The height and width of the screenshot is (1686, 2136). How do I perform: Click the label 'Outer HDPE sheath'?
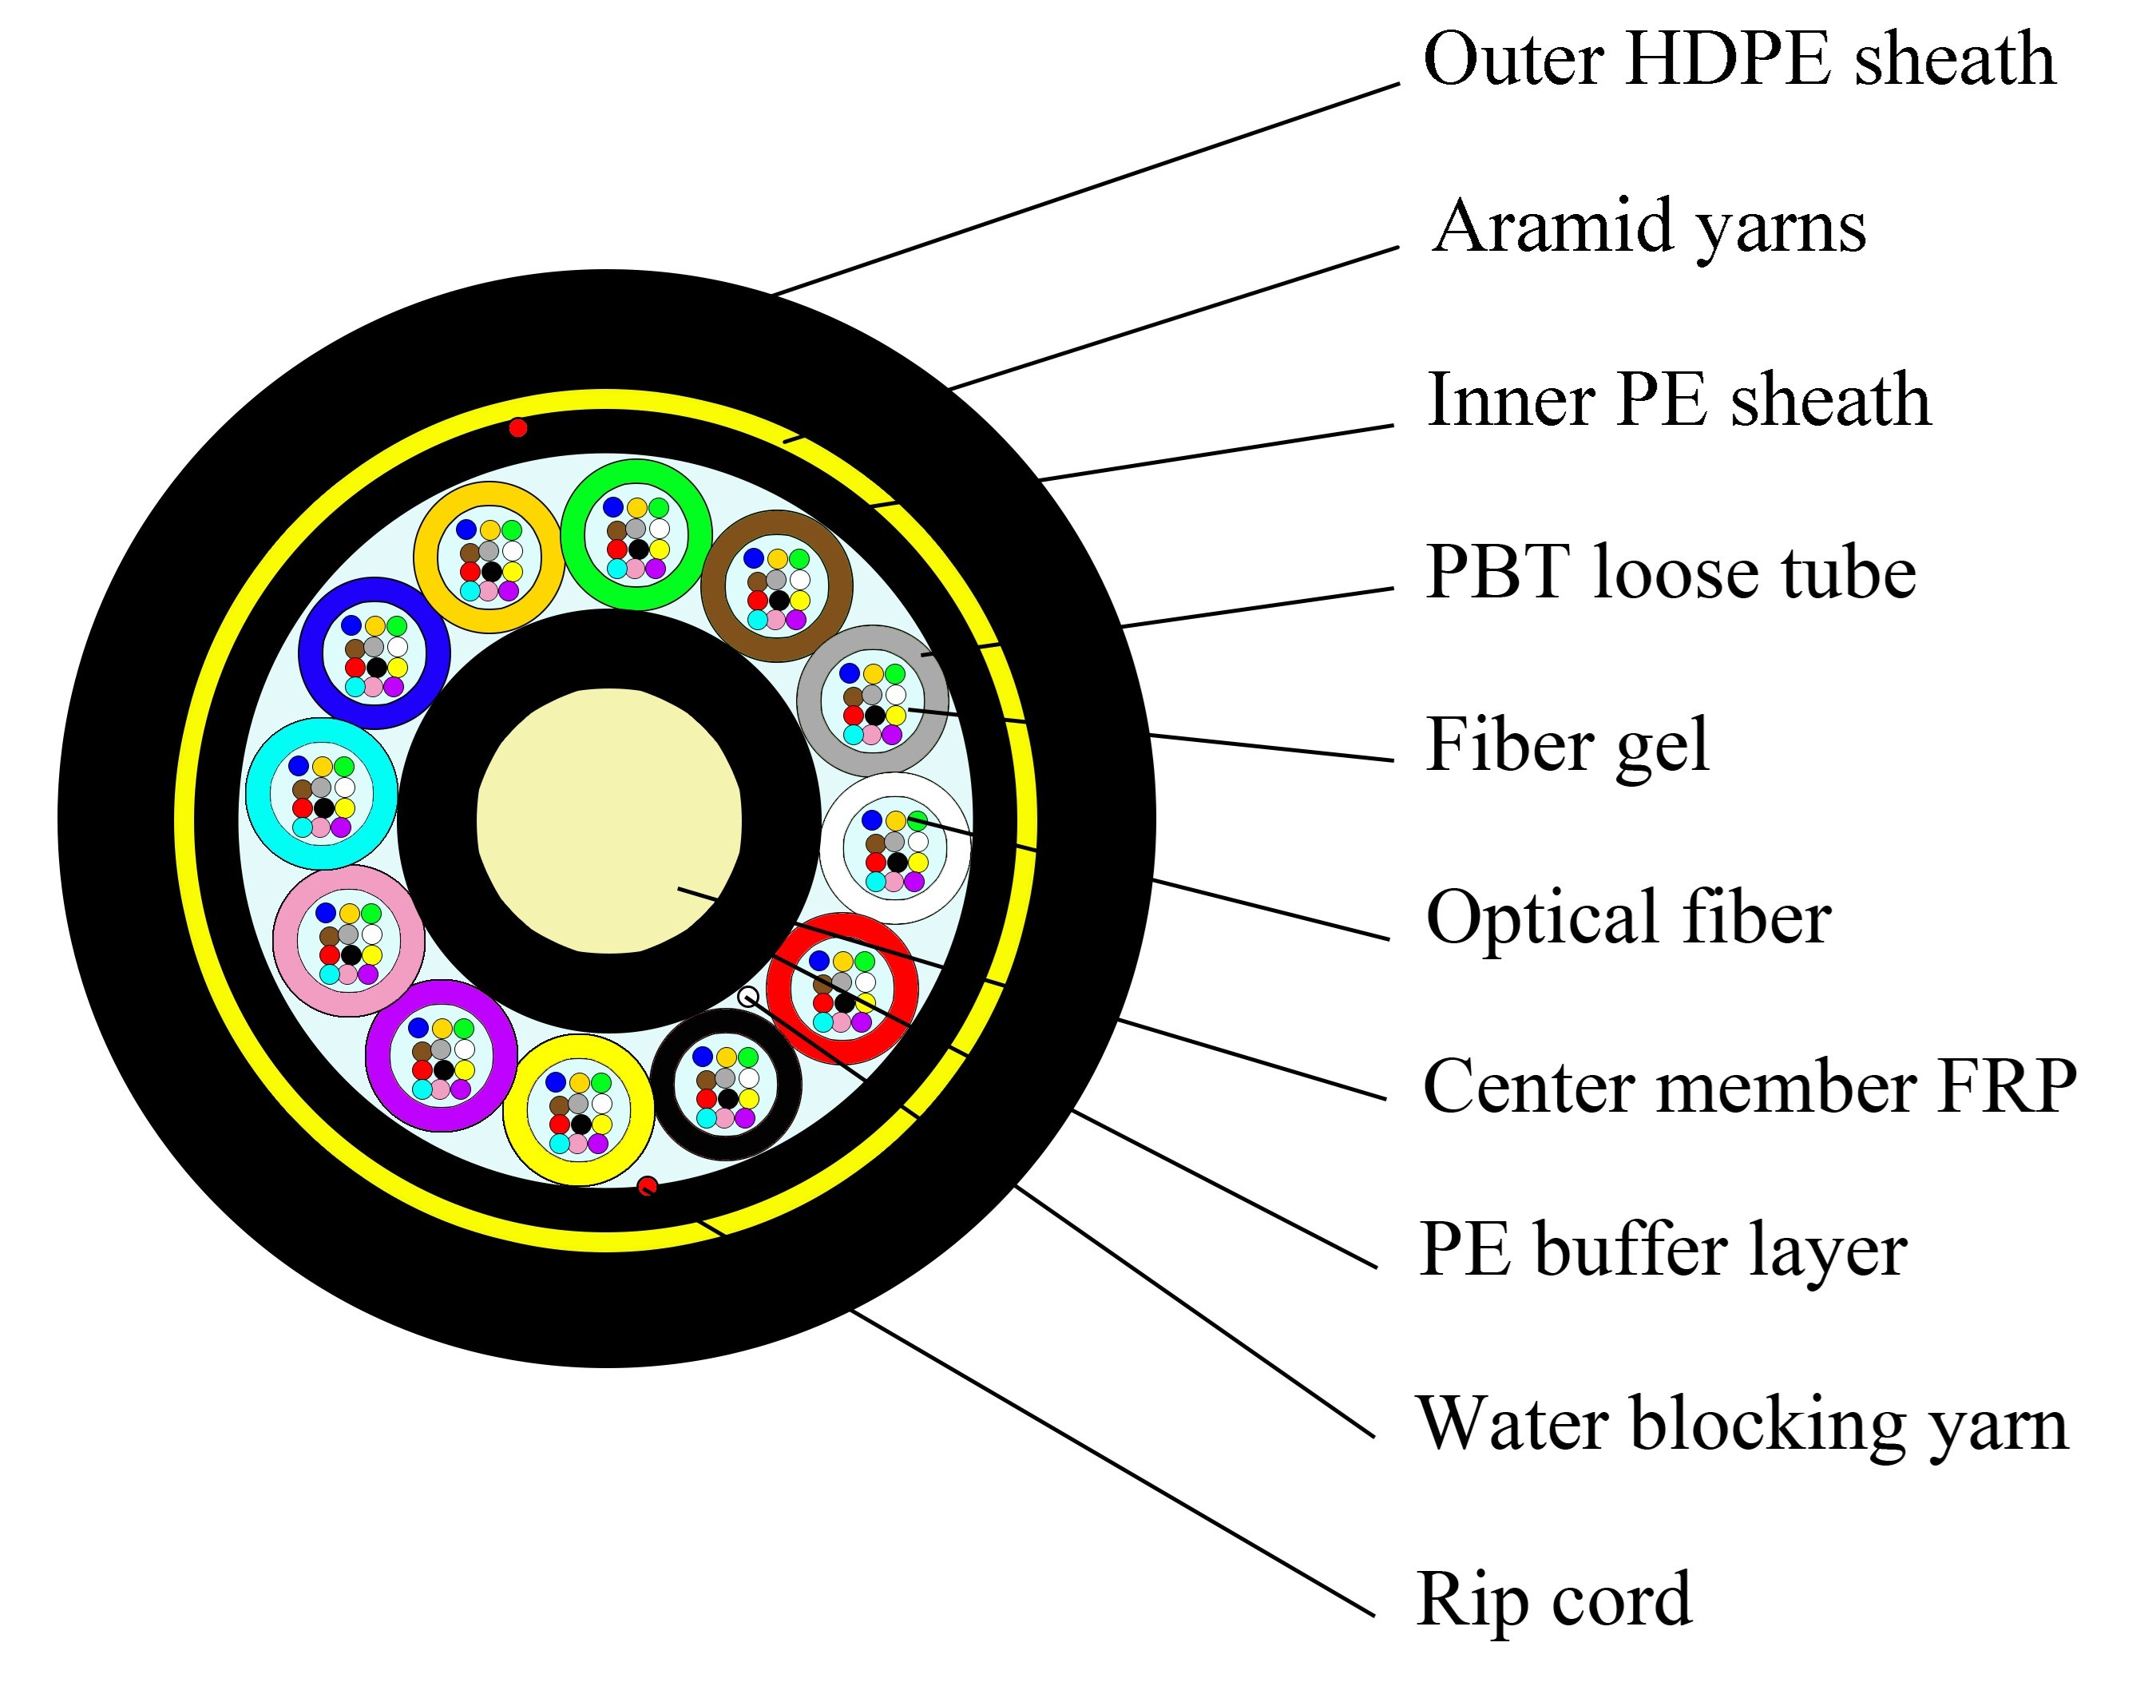pos(1739,59)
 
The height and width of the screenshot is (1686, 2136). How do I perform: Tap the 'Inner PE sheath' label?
pos(1678,401)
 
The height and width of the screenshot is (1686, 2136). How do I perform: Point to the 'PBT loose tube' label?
pos(1670,573)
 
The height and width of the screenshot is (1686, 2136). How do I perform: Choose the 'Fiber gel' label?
pos(1567,745)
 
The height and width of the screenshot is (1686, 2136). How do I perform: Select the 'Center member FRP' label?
pos(1749,1087)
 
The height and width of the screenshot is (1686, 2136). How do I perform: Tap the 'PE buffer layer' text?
pos(1662,1252)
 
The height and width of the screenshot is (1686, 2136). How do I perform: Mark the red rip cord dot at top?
pos(517,427)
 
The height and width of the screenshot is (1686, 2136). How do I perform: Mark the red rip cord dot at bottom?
pos(647,1185)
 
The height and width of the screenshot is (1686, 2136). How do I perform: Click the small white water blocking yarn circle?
pos(748,996)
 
